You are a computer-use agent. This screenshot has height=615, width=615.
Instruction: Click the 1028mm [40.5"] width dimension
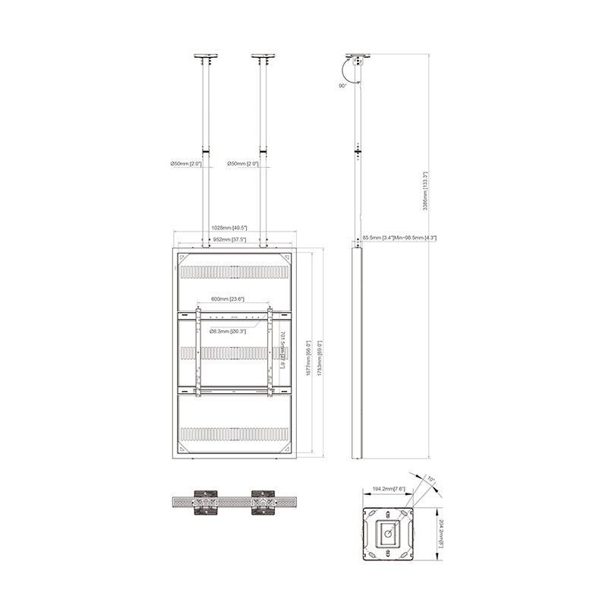coord(229,228)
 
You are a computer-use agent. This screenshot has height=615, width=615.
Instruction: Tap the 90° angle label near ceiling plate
coord(343,87)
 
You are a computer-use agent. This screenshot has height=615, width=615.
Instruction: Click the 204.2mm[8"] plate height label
coord(440,535)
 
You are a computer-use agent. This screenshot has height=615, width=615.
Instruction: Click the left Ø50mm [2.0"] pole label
coord(187,164)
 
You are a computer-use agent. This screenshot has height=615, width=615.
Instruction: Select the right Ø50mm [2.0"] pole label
coord(243,164)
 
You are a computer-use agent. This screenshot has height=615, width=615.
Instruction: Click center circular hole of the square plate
coord(388,534)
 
